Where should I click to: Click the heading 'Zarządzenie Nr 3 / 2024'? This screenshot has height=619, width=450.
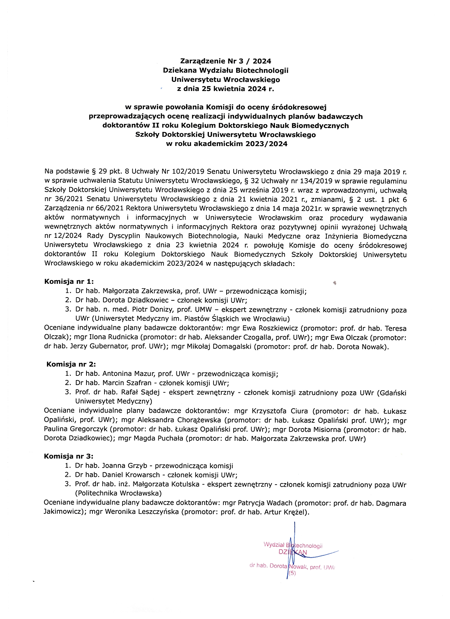tap(226, 61)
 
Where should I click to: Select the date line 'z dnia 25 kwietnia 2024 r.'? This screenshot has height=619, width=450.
tap(226, 89)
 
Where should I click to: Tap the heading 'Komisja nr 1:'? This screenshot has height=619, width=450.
tap(69, 281)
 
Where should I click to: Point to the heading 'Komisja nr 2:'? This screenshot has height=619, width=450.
tap(71, 364)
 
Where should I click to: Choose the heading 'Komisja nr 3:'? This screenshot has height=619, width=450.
tap(68, 456)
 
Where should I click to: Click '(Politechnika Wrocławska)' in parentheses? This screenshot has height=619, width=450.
tap(118, 493)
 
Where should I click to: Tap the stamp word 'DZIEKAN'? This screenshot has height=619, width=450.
tap(293, 552)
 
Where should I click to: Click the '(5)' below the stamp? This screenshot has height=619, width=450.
tap(292, 573)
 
